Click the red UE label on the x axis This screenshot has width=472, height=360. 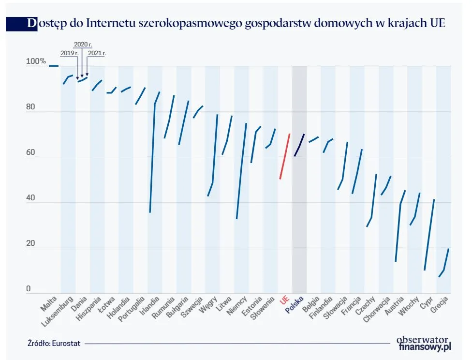(x=284, y=301)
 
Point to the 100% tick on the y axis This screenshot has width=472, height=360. (x=36, y=61)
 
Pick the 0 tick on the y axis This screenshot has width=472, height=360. (x=29, y=289)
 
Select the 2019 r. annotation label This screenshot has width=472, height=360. (x=68, y=53)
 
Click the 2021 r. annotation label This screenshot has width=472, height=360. (x=97, y=53)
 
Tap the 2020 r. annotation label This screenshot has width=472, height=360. (x=83, y=44)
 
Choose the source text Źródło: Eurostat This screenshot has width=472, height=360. (x=54, y=343)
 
